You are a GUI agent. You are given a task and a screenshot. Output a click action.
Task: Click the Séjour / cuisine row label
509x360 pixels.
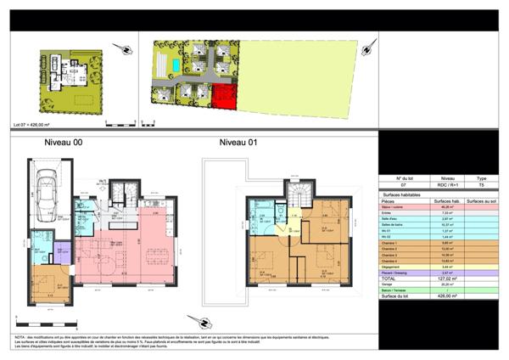pyautogui.click(x=393, y=206)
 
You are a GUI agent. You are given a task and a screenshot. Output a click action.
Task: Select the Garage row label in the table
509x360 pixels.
pyautogui.click(x=389, y=284)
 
